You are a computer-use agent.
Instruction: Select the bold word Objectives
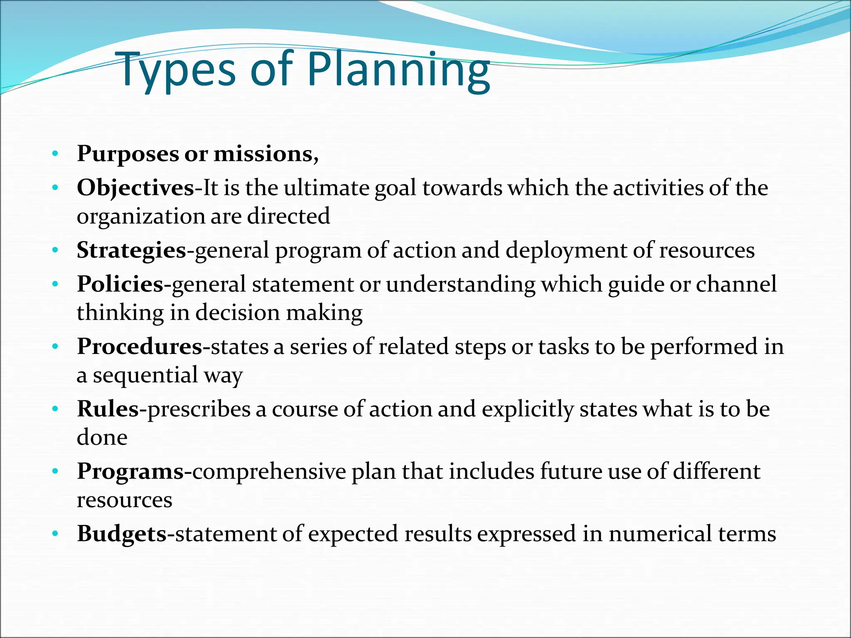click(x=135, y=188)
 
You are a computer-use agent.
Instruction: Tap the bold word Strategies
click(x=131, y=250)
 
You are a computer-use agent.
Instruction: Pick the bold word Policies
click(x=120, y=285)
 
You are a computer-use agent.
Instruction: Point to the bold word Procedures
click(x=140, y=347)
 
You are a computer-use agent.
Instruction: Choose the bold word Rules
click(x=108, y=409)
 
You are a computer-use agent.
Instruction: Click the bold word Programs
click(x=130, y=471)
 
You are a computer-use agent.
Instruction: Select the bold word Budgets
click(x=122, y=534)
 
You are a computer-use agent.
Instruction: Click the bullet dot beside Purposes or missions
click(x=55, y=155)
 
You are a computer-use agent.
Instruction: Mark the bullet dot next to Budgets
click(x=55, y=534)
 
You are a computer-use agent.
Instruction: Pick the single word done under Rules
click(x=102, y=438)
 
